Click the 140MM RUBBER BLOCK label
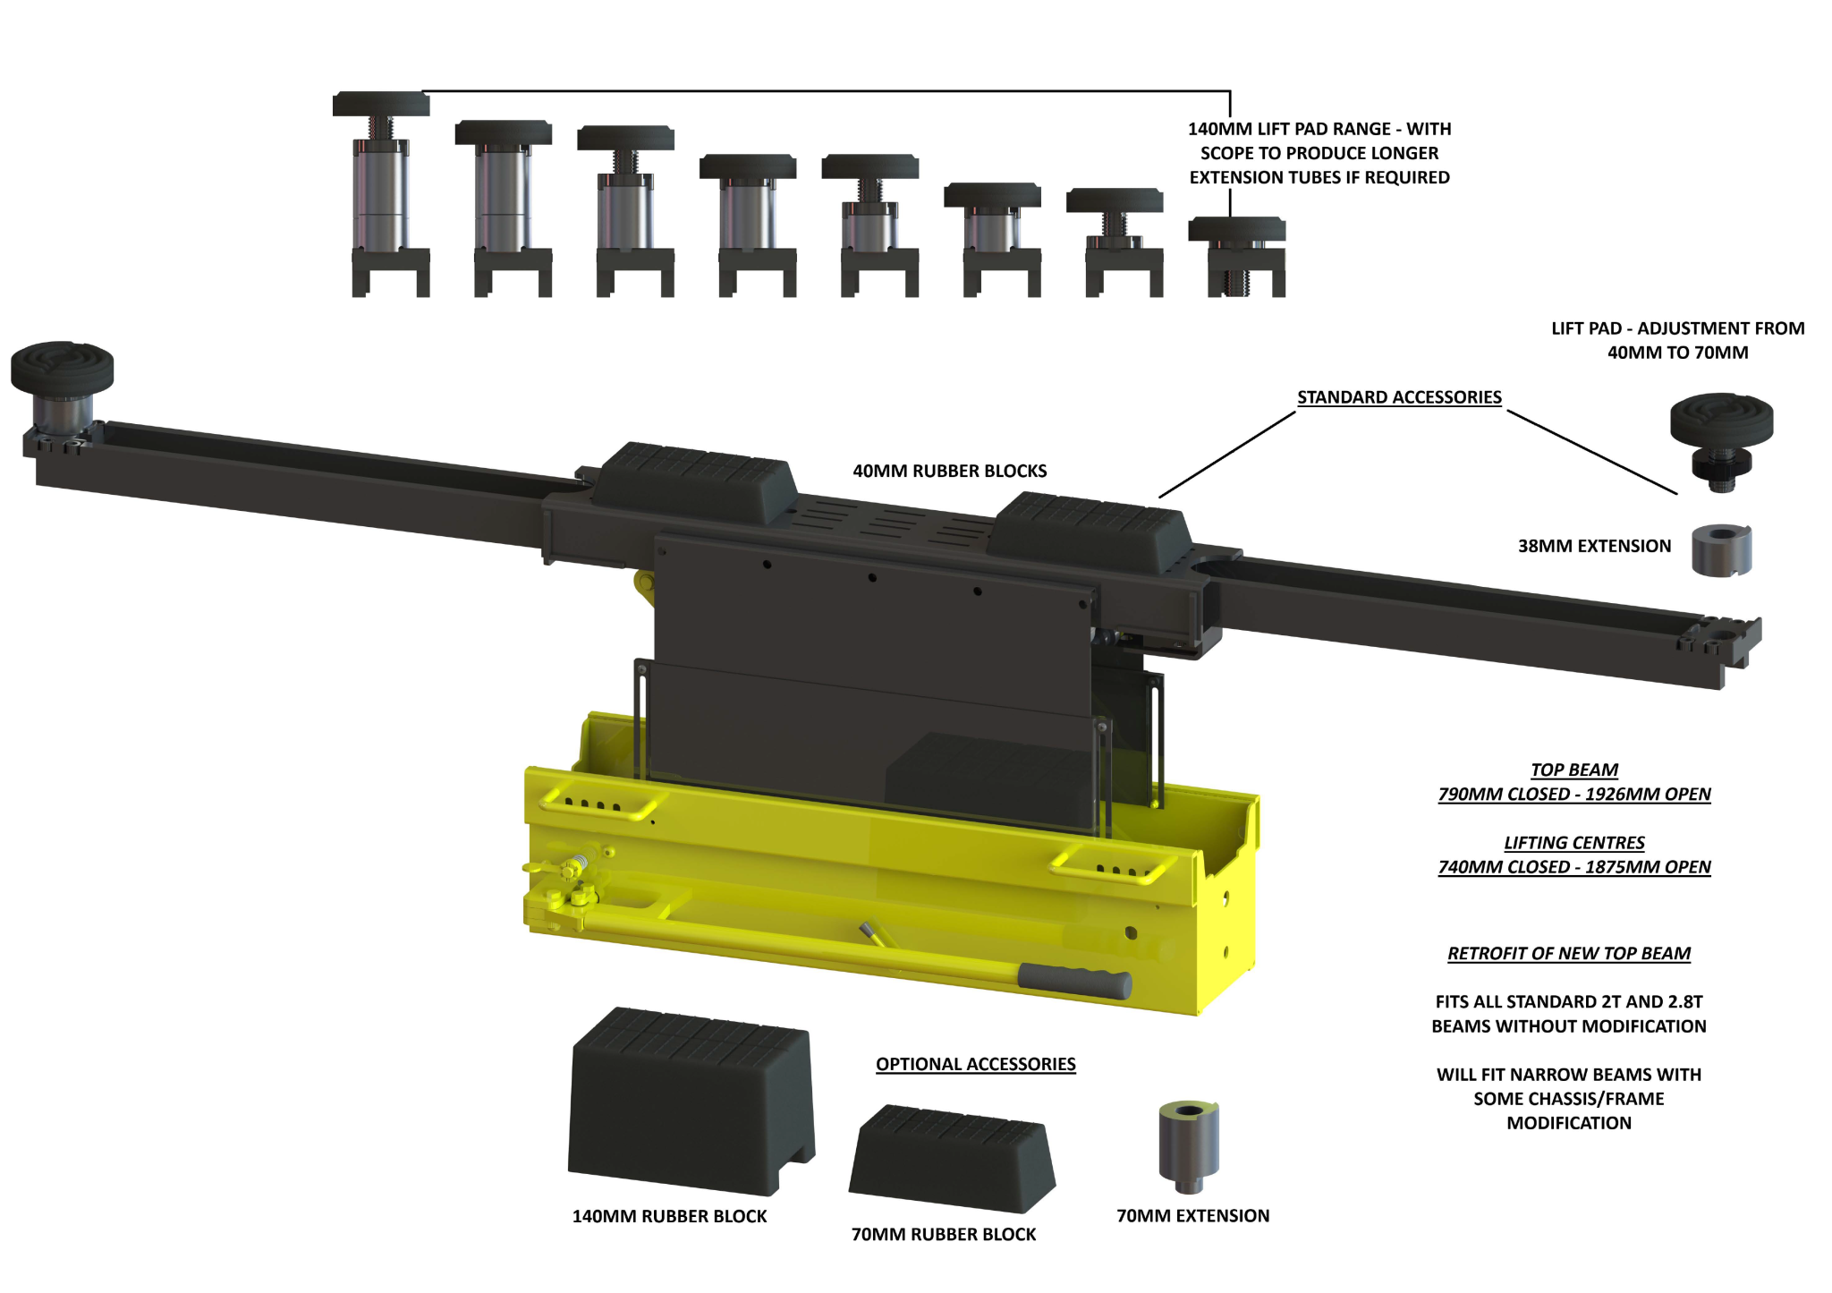(x=669, y=1216)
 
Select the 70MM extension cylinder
(x=1189, y=1145)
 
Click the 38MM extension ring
(x=1721, y=550)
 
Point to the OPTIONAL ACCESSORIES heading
(x=975, y=1064)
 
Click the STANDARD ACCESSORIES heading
(x=1399, y=397)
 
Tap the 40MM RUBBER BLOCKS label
(x=949, y=471)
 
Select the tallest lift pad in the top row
(x=381, y=192)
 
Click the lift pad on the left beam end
(x=63, y=385)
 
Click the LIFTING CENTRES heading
(x=1573, y=843)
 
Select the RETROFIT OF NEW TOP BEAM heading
(x=1569, y=954)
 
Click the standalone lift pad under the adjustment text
(x=1721, y=438)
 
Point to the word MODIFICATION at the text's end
(x=1568, y=1123)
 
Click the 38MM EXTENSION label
(x=1594, y=546)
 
